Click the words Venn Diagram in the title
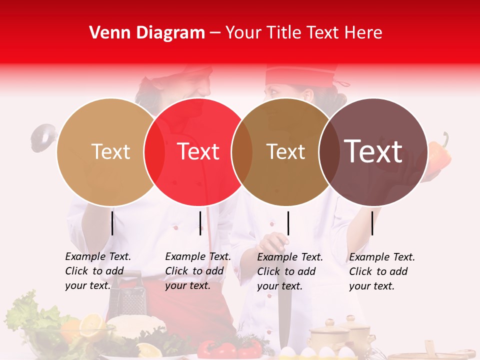[x=147, y=33]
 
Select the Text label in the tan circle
[x=110, y=151]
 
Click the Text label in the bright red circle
[x=198, y=151]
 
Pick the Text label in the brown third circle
[x=285, y=151]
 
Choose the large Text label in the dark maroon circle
[x=373, y=151]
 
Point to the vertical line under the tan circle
[x=112, y=223]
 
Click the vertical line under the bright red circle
[x=200, y=223]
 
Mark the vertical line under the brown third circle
[x=288, y=223]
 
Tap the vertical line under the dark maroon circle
[x=372, y=223]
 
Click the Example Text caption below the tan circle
[x=97, y=271]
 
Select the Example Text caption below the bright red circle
[x=197, y=271]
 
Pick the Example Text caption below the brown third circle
[x=289, y=271]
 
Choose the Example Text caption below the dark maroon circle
[x=381, y=271]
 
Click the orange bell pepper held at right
[x=440, y=156]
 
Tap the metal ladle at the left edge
[x=41, y=137]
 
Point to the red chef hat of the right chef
[x=300, y=75]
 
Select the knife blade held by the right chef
[x=283, y=310]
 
